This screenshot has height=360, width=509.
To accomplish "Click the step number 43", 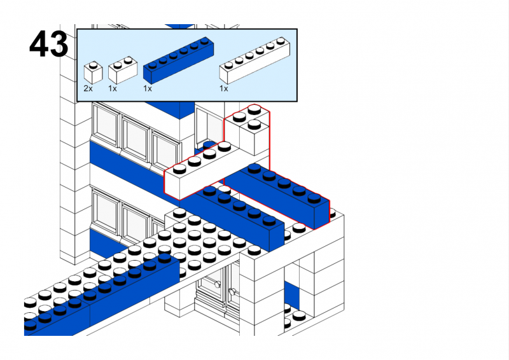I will tap(48, 45).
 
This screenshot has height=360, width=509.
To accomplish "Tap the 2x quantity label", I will tap(88, 88).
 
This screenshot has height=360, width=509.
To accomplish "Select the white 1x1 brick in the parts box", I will tap(93, 73).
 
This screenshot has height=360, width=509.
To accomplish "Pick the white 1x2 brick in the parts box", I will tap(123, 70).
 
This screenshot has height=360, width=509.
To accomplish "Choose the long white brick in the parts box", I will tap(254, 60).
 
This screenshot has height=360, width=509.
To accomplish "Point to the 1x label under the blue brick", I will tap(148, 88).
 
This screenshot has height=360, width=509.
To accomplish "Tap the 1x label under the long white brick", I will tap(223, 88).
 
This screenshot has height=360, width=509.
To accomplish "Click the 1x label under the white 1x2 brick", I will tap(113, 88).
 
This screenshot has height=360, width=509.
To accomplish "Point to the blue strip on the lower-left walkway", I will tap(102, 293).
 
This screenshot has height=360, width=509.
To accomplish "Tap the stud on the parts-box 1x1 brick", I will tap(93, 64).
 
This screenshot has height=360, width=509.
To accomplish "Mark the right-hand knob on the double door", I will tap(232, 292).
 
